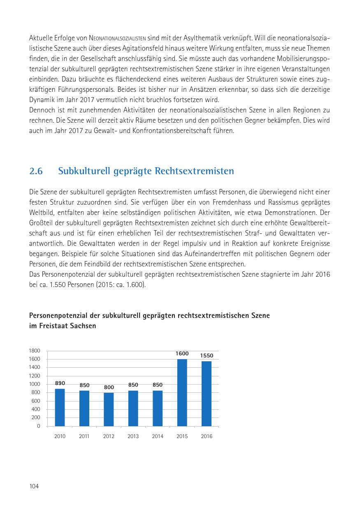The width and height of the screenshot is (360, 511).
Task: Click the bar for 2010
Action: click(60, 407)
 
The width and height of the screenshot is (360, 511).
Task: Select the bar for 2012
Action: click(109, 409)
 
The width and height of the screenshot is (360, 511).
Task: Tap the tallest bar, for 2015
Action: click(182, 392)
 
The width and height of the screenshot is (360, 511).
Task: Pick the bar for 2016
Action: click(207, 394)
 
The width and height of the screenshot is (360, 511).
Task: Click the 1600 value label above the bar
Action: click(182, 354)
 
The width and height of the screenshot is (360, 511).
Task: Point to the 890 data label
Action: click(60, 383)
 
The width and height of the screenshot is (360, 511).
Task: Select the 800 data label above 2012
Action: click(109, 387)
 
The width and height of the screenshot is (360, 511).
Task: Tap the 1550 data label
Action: click(207, 355)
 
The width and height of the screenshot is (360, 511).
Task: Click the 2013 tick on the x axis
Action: click(133, 436)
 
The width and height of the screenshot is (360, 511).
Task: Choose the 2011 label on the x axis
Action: click(84, 436)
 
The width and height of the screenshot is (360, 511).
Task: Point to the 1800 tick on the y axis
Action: click(35, 351)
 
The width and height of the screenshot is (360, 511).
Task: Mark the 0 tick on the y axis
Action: click(39, 426)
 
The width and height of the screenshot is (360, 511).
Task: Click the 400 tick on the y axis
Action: click(36, 409)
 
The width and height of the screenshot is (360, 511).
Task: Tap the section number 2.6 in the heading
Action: click(36, 171)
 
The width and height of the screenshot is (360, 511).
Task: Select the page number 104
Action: click(34, 486)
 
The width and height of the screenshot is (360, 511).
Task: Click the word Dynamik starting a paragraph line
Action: click(40, 100)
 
